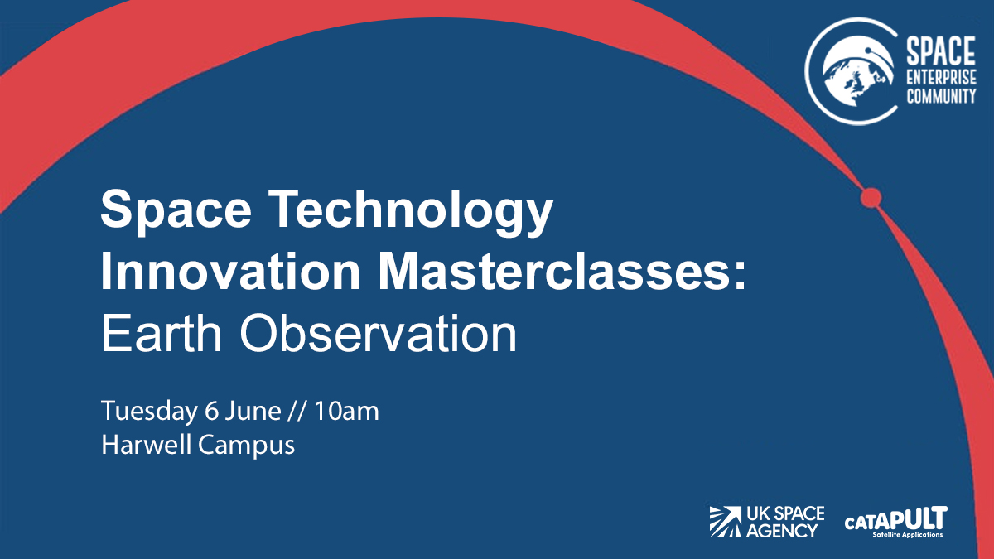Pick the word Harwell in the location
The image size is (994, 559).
point(147,445)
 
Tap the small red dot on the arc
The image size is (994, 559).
point(870,198)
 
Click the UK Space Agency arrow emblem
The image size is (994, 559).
point(726,521)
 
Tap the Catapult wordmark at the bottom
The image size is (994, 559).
point(895,519)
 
